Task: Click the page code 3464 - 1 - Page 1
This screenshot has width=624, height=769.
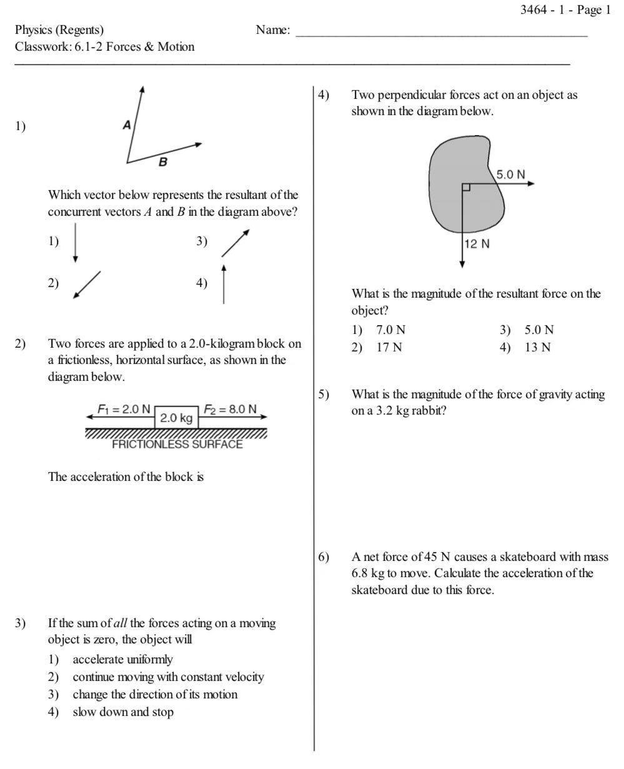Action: click(566, 9)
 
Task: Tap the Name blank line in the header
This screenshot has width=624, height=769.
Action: click(441, 34)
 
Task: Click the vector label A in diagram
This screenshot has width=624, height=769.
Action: click(127, 125)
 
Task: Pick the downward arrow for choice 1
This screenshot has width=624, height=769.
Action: click(75, 243)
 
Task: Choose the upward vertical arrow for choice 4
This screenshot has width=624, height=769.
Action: click(224, 284)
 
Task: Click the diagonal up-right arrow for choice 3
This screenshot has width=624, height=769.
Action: click(235, 243)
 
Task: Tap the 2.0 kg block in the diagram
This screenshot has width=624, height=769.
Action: click(177, 418)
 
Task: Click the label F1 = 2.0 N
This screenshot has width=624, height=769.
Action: click(124, 410)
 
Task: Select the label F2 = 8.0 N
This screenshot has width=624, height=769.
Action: click(230, 410)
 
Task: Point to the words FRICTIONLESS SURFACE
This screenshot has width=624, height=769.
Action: click(177, 445)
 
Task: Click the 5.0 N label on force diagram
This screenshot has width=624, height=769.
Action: click(510, 174)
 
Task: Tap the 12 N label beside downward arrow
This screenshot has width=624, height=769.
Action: click(477, 244)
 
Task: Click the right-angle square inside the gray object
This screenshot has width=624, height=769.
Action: click(466, 187)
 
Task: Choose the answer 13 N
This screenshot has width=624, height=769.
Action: click(537, 348)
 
